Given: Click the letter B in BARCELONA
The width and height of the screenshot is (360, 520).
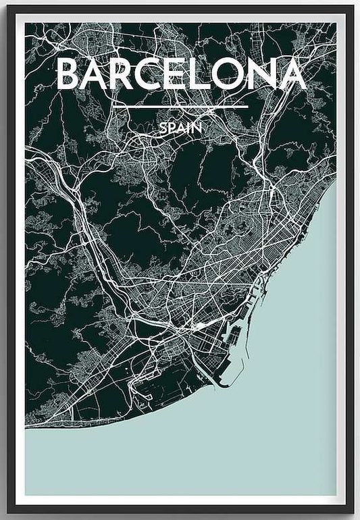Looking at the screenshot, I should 69,74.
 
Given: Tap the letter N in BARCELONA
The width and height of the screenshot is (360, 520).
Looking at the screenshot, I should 261,74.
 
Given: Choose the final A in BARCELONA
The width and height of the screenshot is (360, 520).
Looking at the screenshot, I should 291,74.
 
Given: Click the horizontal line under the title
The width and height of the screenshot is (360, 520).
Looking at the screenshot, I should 180,107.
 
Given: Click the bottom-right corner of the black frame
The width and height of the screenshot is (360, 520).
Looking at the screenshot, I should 353,511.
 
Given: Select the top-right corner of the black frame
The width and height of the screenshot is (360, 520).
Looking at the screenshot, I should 353,7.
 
